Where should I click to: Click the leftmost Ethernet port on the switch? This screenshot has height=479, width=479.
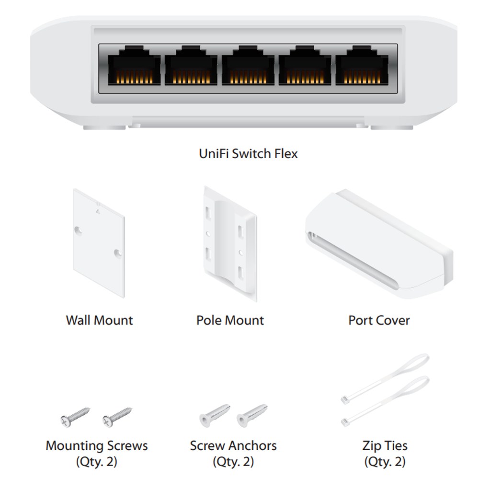coord(134,65)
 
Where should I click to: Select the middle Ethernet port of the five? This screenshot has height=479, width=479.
coord(248,65)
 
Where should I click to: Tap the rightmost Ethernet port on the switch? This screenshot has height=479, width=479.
coord(362,65)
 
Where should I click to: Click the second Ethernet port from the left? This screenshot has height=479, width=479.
coord(191,65)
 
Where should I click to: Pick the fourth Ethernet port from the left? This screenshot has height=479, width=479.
coord(305,65)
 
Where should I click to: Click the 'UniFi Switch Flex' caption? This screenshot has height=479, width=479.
coord(248,153)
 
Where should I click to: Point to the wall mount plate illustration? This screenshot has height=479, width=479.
coord(99,243)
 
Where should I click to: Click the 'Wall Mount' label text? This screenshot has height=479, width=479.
coord(99,320)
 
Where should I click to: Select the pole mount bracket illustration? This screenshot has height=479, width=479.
coord(230,244)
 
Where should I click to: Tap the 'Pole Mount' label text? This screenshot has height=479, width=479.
coord(230,320)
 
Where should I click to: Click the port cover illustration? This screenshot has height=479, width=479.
coord(379,244)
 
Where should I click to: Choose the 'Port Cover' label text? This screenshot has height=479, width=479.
coord(379,320)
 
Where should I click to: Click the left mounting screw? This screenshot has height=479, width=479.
coord(75,417)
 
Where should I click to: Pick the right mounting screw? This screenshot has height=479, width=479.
coord(117,417)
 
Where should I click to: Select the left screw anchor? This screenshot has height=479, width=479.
coord(215,415)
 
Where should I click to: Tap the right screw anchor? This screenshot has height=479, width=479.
coord(252,415)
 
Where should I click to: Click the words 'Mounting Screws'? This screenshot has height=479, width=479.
coord(97,445)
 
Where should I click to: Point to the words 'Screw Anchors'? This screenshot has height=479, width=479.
coord(233,445)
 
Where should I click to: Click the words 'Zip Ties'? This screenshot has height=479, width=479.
coord(385,445)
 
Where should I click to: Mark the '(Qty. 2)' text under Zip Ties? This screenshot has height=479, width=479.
coord(385,462)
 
